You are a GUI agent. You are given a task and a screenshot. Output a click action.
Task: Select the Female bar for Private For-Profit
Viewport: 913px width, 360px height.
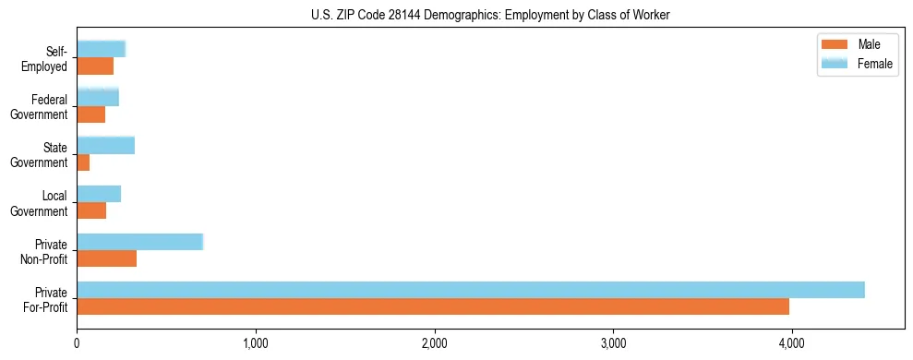(471, 290)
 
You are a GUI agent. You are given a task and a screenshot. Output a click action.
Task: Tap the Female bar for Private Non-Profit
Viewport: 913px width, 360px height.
(139, 242)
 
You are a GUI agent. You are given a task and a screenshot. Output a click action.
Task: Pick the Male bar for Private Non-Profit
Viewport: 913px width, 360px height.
(106, 258)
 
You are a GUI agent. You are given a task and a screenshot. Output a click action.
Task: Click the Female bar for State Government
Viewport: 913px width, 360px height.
(105, 145)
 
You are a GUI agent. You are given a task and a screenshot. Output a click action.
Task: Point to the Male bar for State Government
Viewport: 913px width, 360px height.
(83, 162)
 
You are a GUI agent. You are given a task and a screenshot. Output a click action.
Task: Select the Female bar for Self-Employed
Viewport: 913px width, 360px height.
(101, 49)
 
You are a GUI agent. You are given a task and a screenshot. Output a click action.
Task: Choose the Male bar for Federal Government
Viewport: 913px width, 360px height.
(90, 114)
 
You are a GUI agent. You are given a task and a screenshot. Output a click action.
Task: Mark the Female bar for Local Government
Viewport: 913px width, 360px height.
(99, 193)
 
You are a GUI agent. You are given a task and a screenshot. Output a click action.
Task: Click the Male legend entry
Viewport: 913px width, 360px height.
(868, 44)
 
